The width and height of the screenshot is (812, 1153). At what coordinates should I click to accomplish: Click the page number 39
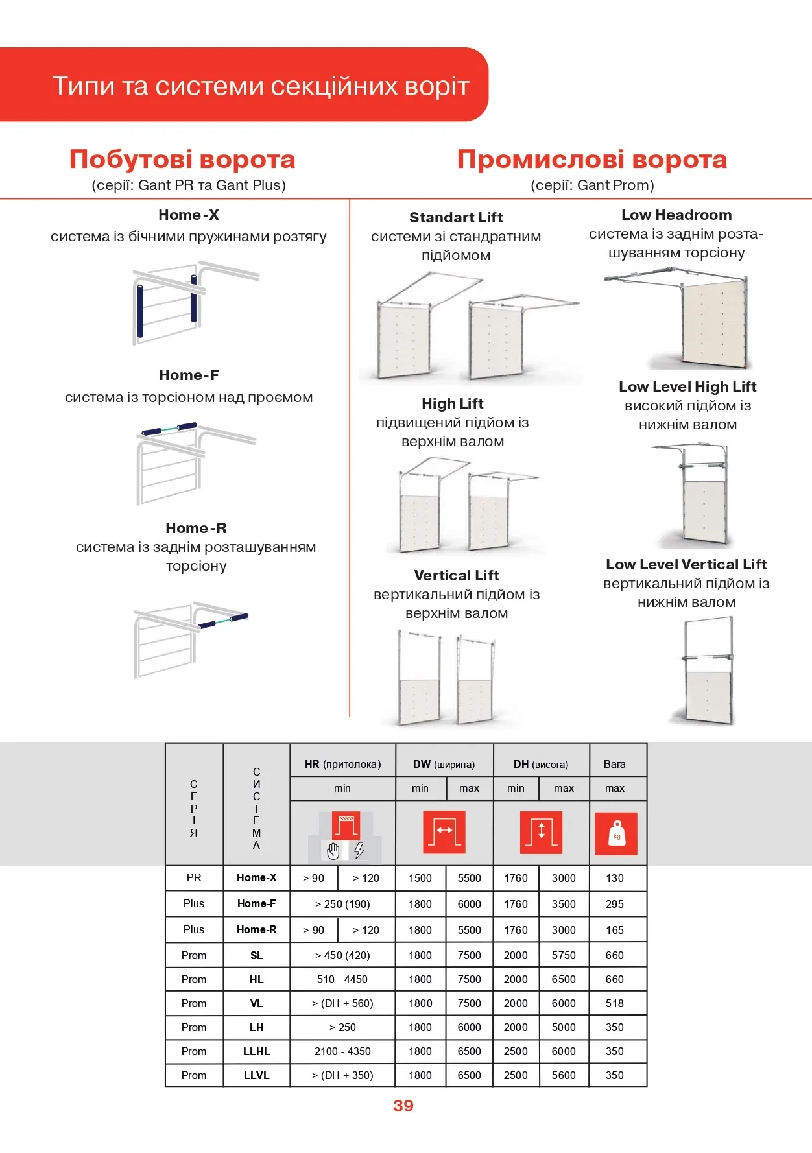pyautogui.click(x=403, y=1106)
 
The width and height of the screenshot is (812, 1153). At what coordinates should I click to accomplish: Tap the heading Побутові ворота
pyautogui.click(x=182, y=160)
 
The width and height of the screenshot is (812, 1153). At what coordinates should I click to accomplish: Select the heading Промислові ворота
pyautogui.click(x=591, y=160)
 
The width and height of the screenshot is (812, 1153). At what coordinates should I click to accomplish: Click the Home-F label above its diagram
pyautogui.click(x=189, y=375)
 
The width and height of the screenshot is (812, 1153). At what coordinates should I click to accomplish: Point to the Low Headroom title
pyautogui.click(x=676, y=215)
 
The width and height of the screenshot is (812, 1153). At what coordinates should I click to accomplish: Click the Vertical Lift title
pyautogui.click(x=456, y=575)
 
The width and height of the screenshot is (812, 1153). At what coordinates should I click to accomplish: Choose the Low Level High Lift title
pyautogui.click(x=687, y=386)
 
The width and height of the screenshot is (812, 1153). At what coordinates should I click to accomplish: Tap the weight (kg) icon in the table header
pyautogui.click(x=615, y=833)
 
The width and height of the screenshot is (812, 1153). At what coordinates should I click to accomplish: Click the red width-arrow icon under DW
pyautogui.click(x=444, y=832)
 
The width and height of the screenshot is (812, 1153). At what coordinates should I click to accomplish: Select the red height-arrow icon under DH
pyautogui.click(x=541, y=832)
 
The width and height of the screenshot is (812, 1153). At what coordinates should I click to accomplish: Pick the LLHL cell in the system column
pyautogui.click(x=256, y=1051)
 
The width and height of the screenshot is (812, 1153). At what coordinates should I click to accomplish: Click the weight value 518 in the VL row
pyautogui.click(x=614, y=1003)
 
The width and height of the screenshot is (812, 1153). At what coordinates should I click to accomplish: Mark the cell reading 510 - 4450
pyautogui.click(x=342, y=979)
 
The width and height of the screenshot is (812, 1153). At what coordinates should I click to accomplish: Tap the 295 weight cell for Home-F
pyautogui.click(x=614, y=904)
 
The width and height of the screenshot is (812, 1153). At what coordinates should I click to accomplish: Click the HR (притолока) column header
pyautogui.click(x=342, y=764)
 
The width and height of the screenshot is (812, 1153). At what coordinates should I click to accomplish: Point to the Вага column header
pyautogui.click(x=614, y=764)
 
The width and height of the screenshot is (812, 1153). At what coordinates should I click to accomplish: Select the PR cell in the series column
pyautogui.click(x=194, y=877)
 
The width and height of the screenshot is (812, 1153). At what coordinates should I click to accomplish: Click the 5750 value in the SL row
pyautogui.click(x=564, y=955)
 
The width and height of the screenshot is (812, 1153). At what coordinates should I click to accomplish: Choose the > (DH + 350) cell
pyautogui.click(x=342, y=1075)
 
